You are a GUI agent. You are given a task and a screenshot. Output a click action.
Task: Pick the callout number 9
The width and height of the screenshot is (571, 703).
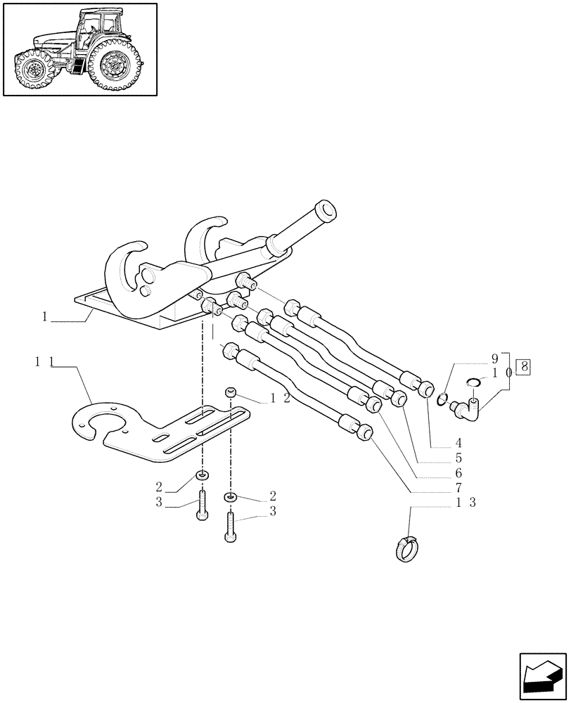(494, 358)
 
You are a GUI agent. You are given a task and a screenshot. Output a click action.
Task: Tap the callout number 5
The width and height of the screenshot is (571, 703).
(458, 458)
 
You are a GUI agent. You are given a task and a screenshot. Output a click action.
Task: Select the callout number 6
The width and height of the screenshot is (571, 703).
(458, 472)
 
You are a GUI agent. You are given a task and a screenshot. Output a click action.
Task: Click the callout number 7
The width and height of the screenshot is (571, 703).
(458, 487)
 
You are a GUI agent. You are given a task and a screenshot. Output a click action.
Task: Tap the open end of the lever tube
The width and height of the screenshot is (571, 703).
(325, 209)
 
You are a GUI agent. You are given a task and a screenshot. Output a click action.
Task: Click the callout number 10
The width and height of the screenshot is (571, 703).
(499, 373)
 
